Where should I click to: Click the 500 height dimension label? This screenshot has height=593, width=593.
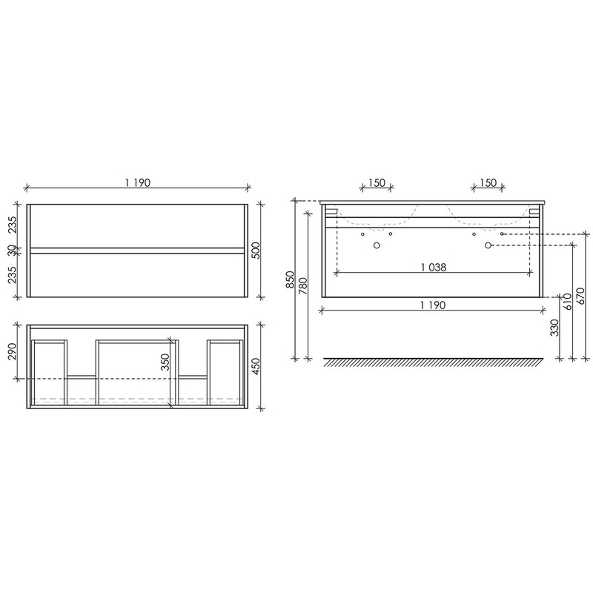pyautogui.click(x=256, y=251)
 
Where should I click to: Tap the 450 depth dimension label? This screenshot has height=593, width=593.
pyautogui.click(x=256, y=366)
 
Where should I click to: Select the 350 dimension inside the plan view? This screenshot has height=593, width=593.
pyautogui.click(x=165, y=362)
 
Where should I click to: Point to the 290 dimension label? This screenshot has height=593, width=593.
pyautogui.click(x=12, y=351)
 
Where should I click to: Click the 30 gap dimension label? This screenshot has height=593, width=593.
pyautogui.click(x=12, y=250)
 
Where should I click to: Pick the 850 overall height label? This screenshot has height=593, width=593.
pyautogui.click(x=290, y=279)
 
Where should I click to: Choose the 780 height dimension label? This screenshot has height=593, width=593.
pyautogui.click(x=303, y=286)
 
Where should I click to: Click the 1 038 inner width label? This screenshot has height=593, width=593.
pyautogui.click(x=434, y=268)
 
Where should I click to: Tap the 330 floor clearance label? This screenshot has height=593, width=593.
pyautogui.click(x=554, y=328)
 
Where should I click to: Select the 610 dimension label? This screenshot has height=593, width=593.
pyautogui.click(x=568, y=302)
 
